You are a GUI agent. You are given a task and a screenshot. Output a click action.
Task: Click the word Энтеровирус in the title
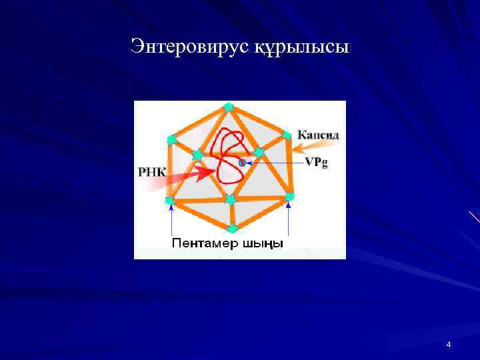tap(189, 47)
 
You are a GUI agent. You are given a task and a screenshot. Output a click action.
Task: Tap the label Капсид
tap(318, 135)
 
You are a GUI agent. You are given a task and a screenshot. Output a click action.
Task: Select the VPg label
tap(317, 162)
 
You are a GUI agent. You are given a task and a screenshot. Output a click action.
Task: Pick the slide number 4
tap(448, 345)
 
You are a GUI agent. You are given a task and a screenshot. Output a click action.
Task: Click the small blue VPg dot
tap(242, 162)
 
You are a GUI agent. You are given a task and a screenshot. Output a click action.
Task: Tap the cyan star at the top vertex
tap(229, 107)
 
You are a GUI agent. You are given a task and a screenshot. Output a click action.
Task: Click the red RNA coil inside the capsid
tap(227, 157)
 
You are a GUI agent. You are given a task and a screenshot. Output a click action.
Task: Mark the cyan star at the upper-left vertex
tap(171, 139)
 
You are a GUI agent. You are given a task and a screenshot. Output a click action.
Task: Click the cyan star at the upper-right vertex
tap(287, 135)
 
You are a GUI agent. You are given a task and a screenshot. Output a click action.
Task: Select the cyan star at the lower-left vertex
tap(169, 200)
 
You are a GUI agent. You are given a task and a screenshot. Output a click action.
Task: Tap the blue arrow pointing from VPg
tap(270, 162)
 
